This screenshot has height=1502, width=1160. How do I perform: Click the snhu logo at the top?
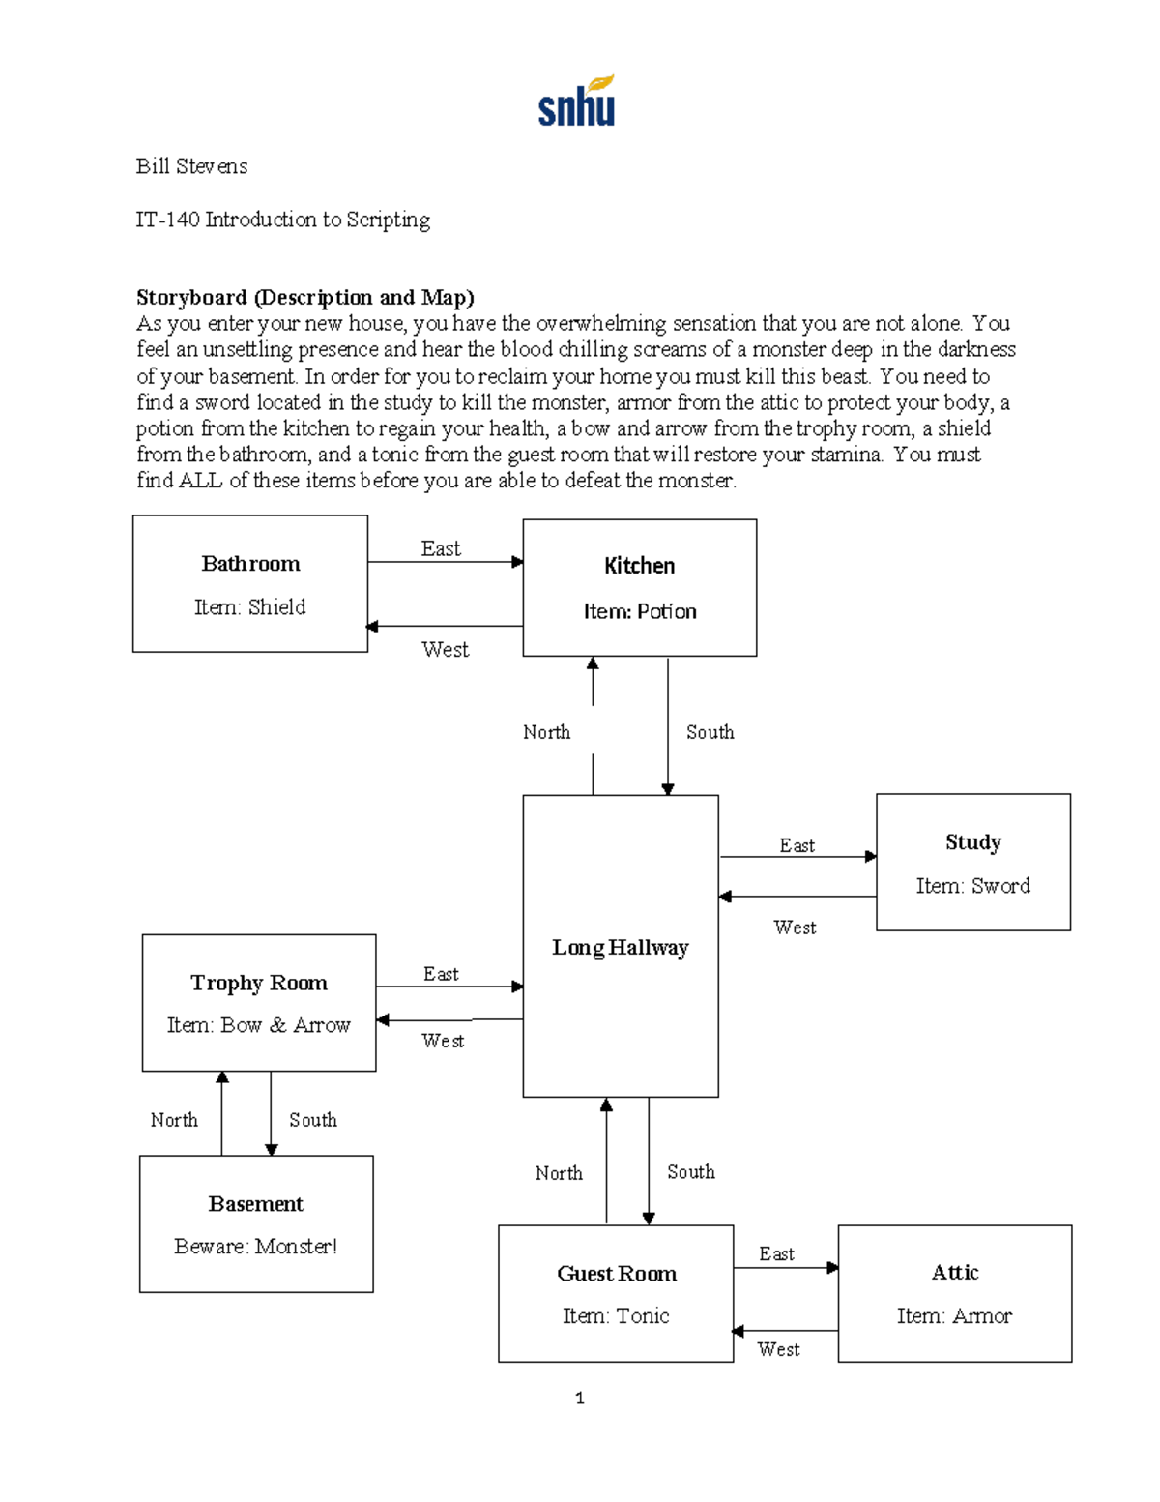pyautogui.click(x=576, y=102)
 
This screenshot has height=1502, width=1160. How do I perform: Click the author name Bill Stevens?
pyautogui.click(x=191, y=166)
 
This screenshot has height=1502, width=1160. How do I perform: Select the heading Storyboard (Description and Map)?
pyautogui.click(x=304, y=297)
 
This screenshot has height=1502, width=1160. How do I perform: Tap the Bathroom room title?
pyautogui.click(x=250, y=564)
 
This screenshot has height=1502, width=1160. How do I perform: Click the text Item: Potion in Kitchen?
pyautogui.click(x=639, y=611)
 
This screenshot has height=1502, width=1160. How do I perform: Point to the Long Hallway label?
pyautogui.click(x=620, y=948)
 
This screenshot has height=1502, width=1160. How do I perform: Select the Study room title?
pyautogui.click(x=972, y=842)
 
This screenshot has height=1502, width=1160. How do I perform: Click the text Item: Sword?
pyautogui.click(x=972, y=886)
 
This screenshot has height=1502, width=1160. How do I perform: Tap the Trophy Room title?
pyautogui.click(x=258, y=983)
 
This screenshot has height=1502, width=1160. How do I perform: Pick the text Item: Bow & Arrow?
pyautogui.click(x=258, y=1025)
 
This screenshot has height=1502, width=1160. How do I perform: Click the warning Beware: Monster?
pyautogui.click(x=255, y=1247)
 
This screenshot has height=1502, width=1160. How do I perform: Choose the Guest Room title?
pyautogui.click(x=616, y=1274)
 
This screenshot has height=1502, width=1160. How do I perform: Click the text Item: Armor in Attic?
pyautogui.click(x=954, y=1316)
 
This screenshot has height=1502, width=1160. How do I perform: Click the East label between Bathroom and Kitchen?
pyautogui.click(x=441, y=548)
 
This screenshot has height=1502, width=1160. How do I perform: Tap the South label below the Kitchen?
pyautogui.click(x=710, y=732)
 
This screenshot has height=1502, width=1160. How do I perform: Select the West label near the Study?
pyautogui.click(x=795, y=928)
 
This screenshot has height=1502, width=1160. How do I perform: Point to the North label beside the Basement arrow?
pyautogui.click(x=174, y=1120)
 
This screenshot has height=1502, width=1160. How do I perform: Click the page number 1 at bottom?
pyautogui.click(x=579, y=1398)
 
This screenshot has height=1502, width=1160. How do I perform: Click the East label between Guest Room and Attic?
pyautogui.click(x=776, y=1253)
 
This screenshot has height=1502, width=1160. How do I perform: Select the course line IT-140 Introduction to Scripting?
pyautogui.click(x=282, y=220)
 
